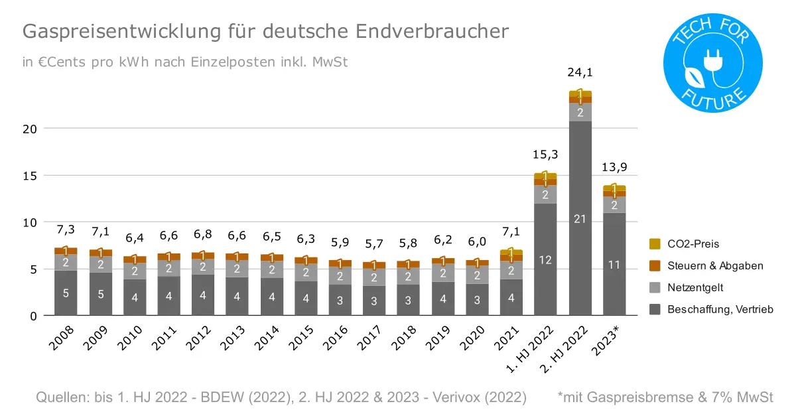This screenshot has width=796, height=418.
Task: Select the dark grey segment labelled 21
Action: [x=580, y=219]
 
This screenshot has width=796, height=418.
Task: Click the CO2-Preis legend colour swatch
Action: [x=655, y=244]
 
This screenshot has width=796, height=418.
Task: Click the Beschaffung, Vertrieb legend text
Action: [x=720, y=309]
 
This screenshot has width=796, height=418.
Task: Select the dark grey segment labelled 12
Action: [x=545, y=260]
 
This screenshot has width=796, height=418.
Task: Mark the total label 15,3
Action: [x=545, y=155]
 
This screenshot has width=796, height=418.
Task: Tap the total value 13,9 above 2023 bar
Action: [x=614, y=168]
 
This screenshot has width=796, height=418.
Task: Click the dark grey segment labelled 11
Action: [x=614, y=265]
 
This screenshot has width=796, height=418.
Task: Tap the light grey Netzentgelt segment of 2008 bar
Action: [x=66, y=262]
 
